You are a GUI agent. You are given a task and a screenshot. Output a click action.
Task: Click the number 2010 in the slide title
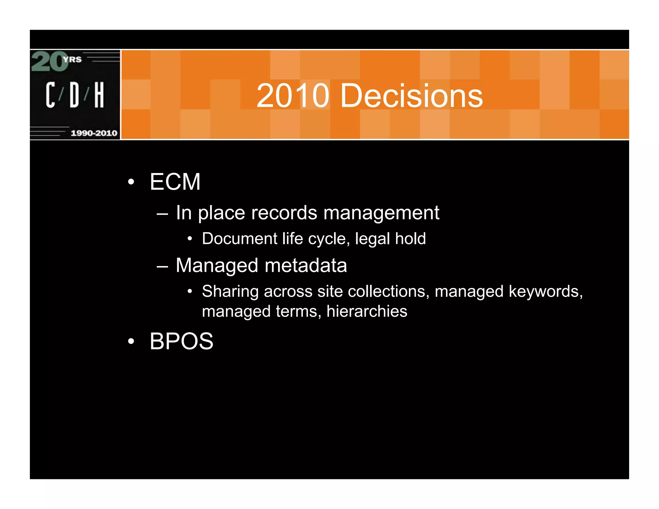[292, 96]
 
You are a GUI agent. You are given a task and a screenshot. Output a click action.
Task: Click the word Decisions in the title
[412, 96]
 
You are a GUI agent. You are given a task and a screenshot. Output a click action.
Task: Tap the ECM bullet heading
[175, 182]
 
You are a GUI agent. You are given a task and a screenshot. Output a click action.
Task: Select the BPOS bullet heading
[181, 341]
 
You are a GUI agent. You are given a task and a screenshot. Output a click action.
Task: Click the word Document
[240, 239]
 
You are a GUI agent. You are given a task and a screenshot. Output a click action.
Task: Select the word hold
[410, 239]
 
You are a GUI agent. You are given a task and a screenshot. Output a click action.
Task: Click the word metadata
[306, 265]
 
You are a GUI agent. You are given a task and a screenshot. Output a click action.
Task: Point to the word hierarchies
[367, 311]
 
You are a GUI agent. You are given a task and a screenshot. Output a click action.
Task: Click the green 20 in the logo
[49, 61]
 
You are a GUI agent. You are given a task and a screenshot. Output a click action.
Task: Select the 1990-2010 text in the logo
[94, 133]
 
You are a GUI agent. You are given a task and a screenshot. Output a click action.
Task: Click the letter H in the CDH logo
[99, 95]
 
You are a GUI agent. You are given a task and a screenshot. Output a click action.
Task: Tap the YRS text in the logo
[73, 60]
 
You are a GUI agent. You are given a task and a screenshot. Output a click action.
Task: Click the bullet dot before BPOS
[131, 341]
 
